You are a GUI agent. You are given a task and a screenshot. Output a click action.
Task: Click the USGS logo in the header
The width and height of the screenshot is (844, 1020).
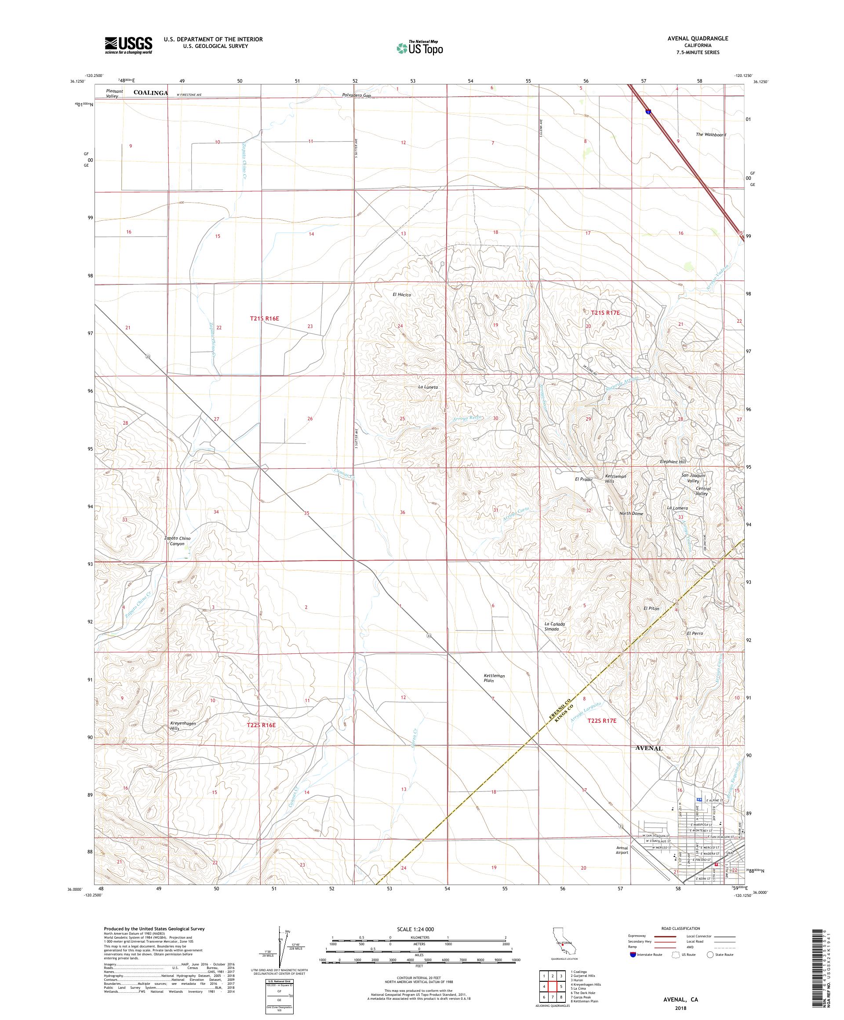128,45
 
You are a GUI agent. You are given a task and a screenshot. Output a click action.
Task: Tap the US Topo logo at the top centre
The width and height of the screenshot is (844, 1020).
420,47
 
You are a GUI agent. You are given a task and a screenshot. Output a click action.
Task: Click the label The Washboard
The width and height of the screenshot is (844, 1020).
710,135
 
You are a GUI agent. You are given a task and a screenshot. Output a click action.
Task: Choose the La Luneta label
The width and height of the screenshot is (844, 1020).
428,387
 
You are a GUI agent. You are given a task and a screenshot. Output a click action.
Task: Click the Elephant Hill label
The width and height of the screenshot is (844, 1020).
673,462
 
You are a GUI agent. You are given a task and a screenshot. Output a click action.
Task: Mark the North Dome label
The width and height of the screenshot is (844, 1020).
631,514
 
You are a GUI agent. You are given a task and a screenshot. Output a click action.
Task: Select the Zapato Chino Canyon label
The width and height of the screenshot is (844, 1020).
178,541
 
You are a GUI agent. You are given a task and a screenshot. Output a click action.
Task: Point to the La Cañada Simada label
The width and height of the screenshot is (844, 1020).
553,626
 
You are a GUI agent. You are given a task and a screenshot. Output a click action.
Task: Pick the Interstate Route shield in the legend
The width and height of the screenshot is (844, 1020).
632,954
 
